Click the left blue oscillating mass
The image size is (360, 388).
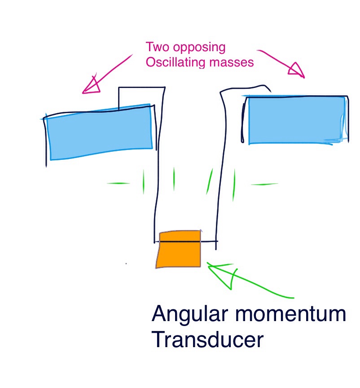[100, 132]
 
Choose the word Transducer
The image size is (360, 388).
[207, 339]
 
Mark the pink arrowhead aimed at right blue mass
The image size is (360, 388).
[296, 70]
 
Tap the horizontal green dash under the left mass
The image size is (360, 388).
[118, 183]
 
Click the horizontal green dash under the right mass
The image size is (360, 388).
[264, 184]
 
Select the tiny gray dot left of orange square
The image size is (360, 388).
[126, 263]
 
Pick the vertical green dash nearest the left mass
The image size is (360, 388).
[144, 181]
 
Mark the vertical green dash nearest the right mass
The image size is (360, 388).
[233, 185]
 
